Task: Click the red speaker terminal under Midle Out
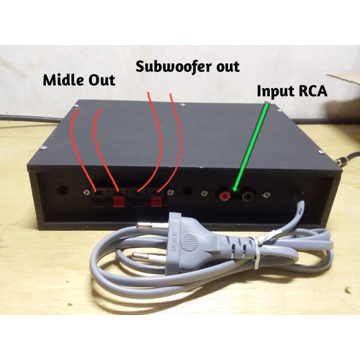click(119, 199)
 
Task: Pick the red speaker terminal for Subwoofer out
click(157, 199)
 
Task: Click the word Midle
click(62, 81)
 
